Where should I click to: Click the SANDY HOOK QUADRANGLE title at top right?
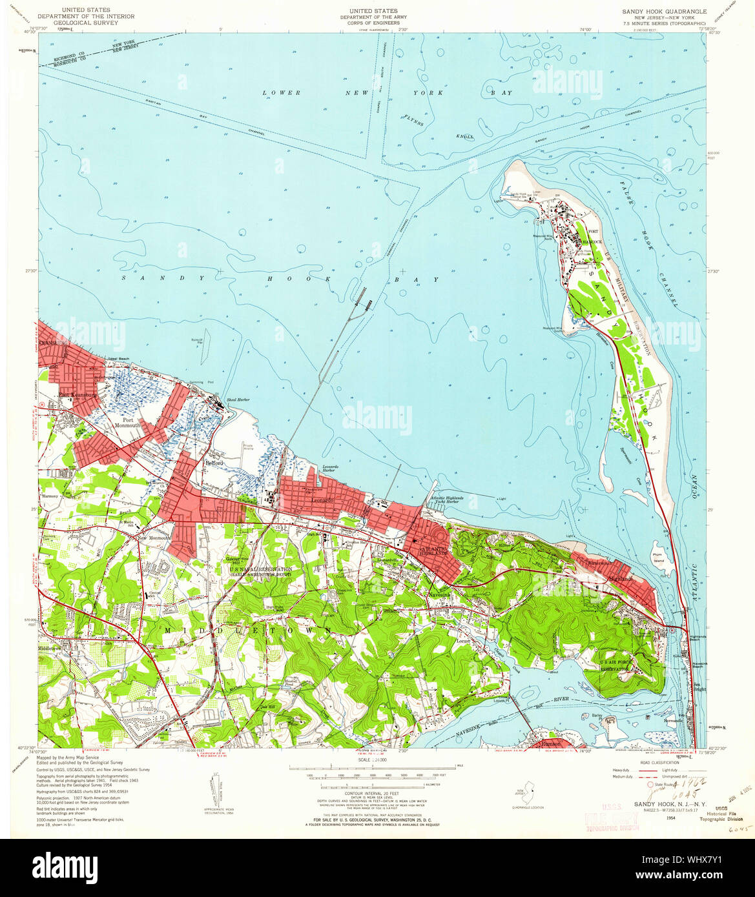point(664,12)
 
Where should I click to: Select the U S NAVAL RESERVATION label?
point(260,569)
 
